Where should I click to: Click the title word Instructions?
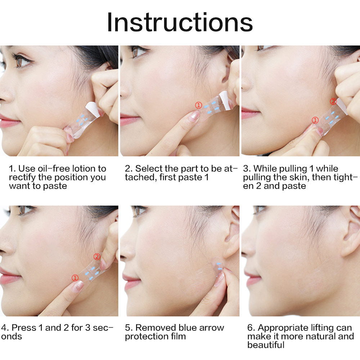[180, 22]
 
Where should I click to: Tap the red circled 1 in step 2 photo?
[199, 105]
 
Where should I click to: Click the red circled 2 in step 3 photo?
[333, 101]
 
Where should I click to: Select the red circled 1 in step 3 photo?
[315, 120]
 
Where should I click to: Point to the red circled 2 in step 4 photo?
[97, 256]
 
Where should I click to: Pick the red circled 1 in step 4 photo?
[75, 278]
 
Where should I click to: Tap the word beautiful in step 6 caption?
[266, 345]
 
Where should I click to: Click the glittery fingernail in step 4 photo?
[78, 287]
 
